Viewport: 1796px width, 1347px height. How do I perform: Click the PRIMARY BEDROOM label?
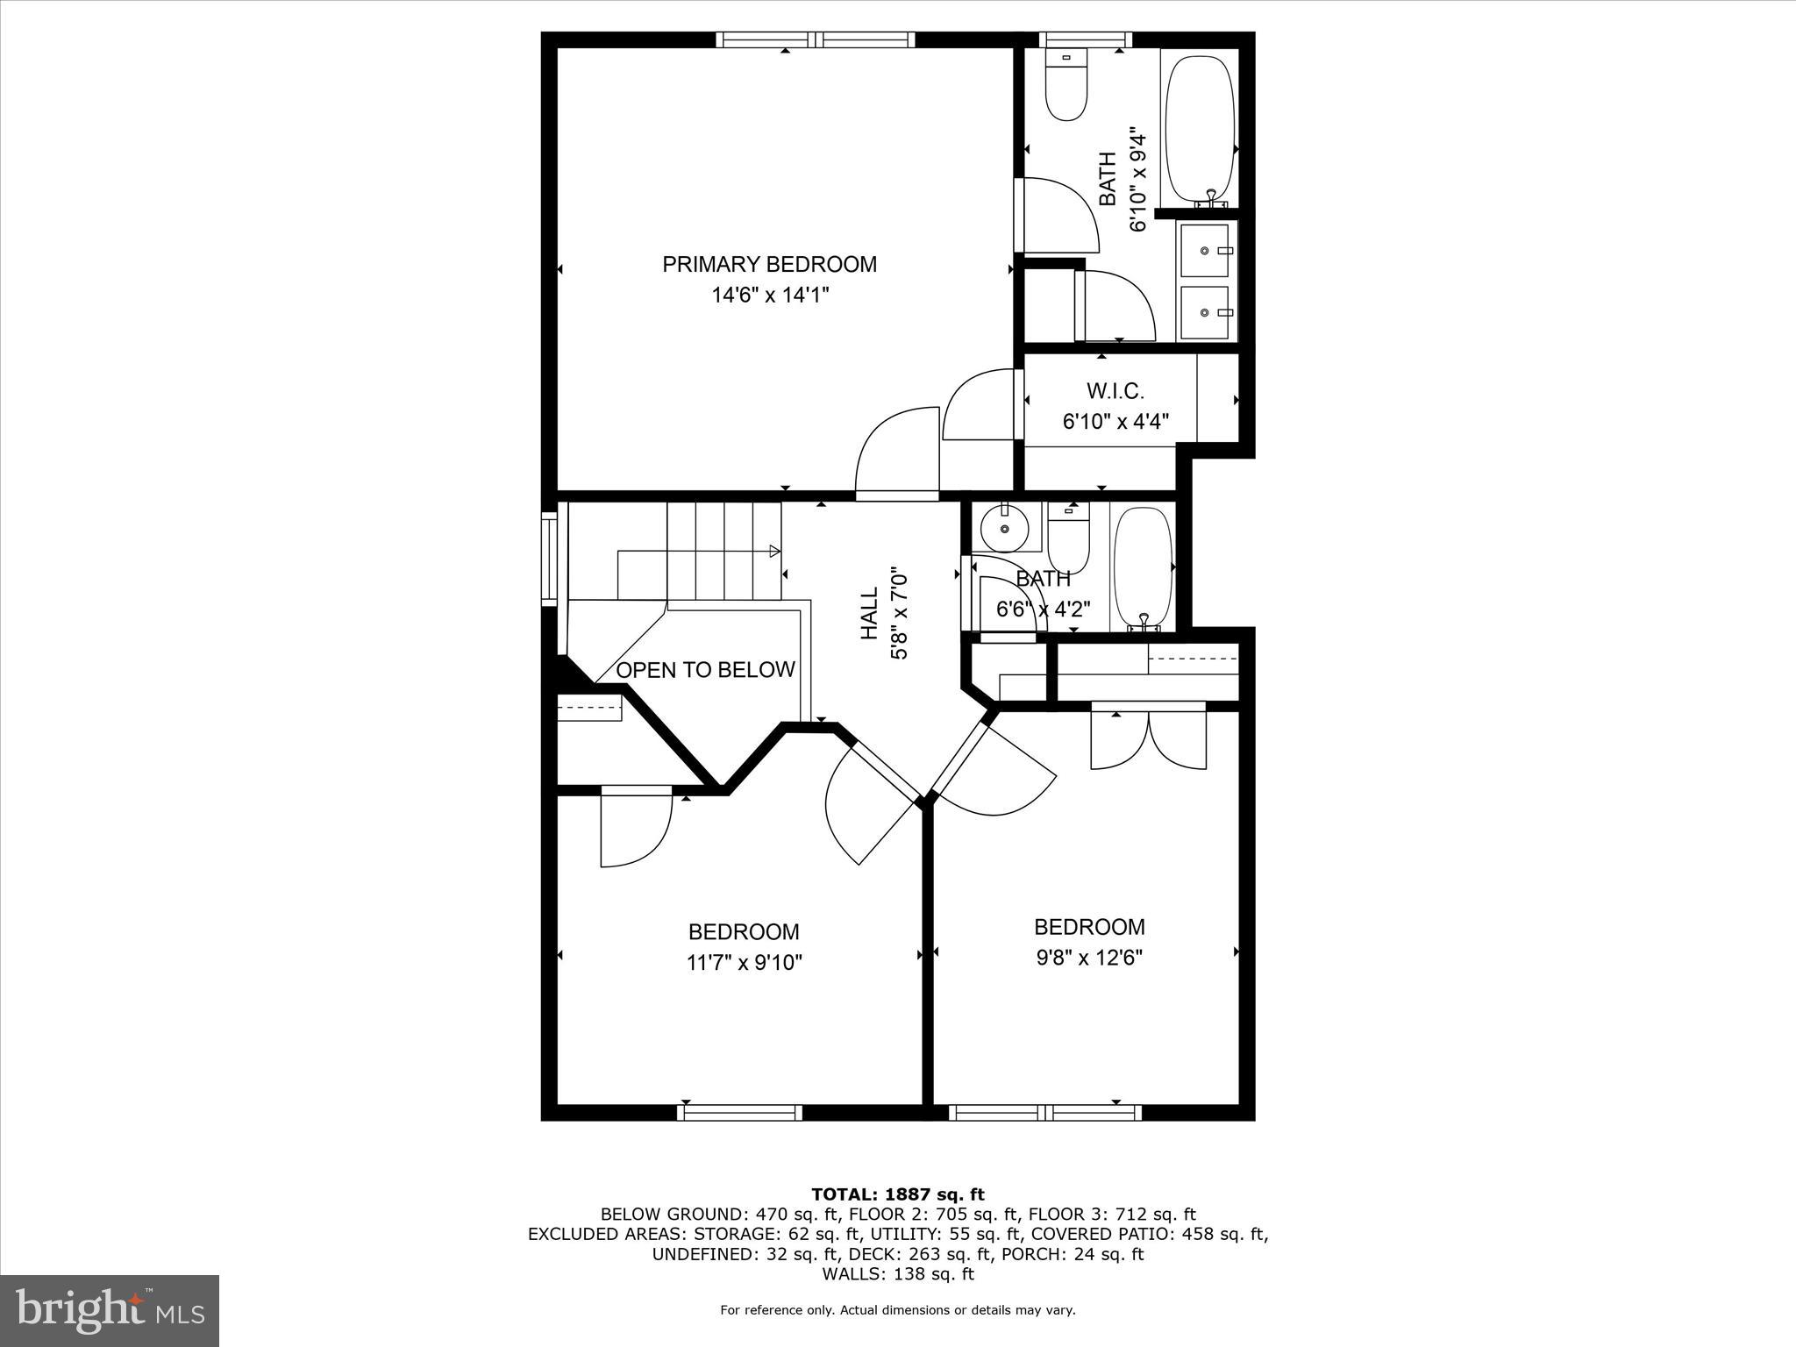[769, 264]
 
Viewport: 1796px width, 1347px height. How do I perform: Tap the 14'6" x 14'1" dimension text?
[769, 296]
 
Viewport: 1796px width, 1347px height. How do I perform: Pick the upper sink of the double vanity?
[1207, 251]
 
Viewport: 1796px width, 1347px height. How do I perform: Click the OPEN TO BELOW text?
[705, 670]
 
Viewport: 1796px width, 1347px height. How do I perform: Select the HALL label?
[869, 614]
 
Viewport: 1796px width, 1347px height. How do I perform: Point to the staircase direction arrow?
[773, 551]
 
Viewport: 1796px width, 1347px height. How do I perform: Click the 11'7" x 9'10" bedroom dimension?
[744, 963]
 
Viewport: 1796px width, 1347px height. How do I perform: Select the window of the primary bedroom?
[816, 39]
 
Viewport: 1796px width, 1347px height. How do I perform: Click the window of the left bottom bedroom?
[739, 1112]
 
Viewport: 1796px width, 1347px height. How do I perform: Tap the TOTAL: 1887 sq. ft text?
[897, 1194]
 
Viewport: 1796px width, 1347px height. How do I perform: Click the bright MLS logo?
[110, 1311]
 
